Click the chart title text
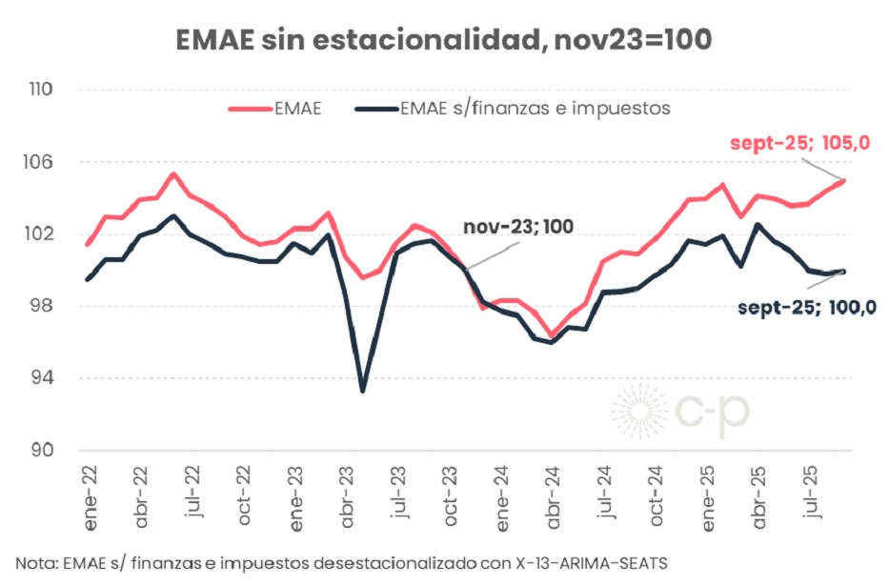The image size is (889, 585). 444,40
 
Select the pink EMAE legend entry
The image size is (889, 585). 275,109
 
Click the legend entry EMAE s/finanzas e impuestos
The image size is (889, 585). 514,109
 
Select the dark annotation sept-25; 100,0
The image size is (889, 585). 807,307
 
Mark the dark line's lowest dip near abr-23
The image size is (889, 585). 363,391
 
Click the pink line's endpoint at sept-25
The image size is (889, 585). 844,180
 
